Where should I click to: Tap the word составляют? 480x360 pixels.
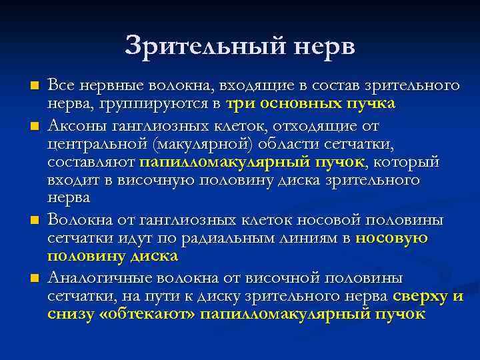[91, 161]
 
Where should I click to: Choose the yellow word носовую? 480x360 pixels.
[392, 238]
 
